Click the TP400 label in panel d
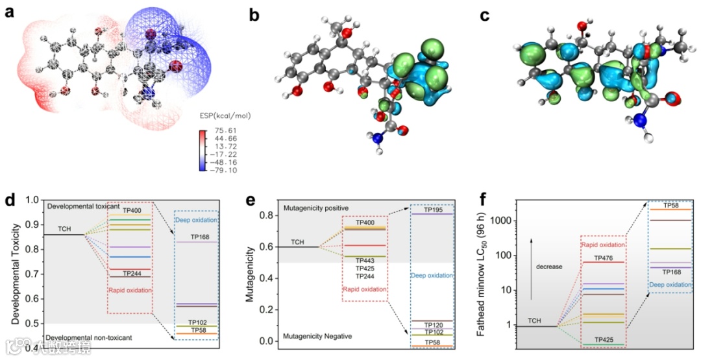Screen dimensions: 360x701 (x=132, y=210)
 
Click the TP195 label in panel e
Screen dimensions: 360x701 (x=433, y=210)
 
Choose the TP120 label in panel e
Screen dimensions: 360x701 (x=433, y=324)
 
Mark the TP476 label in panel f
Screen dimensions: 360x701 (x=603, y=258)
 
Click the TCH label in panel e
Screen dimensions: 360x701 (x=297, y=242)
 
